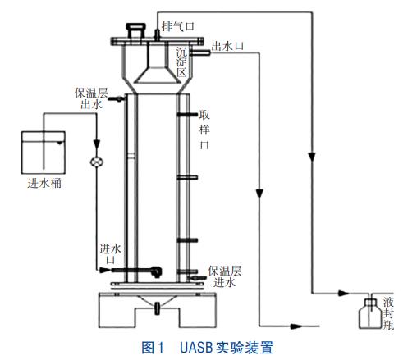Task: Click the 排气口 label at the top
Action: (x=178, y=27)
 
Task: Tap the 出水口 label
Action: (x=227, y=46)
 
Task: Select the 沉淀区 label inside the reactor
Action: (x=181, y=62)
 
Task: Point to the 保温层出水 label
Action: (x=91, y=98)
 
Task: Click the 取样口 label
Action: (x=204, y=130)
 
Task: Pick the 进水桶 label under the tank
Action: (x=44, y=183)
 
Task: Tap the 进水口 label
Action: (x=110, y=254)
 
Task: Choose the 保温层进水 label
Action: (x=225, y=276)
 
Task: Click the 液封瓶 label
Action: (x=388, y=313)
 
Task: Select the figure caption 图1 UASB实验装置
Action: (x=208, y=348)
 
